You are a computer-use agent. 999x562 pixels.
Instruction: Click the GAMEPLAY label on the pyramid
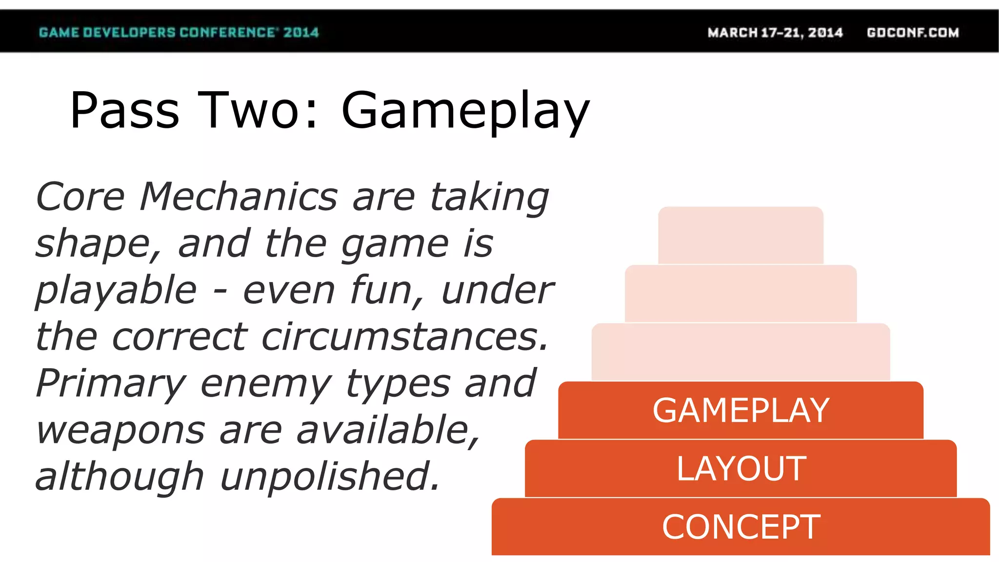coord(740,410)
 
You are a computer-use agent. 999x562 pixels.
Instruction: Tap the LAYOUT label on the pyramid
coord(741,469)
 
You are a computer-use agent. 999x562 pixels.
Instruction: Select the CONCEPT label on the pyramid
coord(741,527)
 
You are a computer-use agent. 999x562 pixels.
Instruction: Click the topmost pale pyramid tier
coord(740,235)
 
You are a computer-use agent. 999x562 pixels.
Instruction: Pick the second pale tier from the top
coord(740,293)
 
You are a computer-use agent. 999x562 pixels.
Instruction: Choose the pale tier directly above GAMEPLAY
coord(740,352)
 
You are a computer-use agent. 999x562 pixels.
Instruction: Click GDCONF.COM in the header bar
coord(913,33)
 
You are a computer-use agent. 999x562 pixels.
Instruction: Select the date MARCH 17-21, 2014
coord(775,33)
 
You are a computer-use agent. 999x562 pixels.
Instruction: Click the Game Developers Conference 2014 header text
coord(179,33)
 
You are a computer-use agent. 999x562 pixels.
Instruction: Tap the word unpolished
coord(330,477)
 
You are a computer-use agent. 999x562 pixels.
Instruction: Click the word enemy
coord(266,384)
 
